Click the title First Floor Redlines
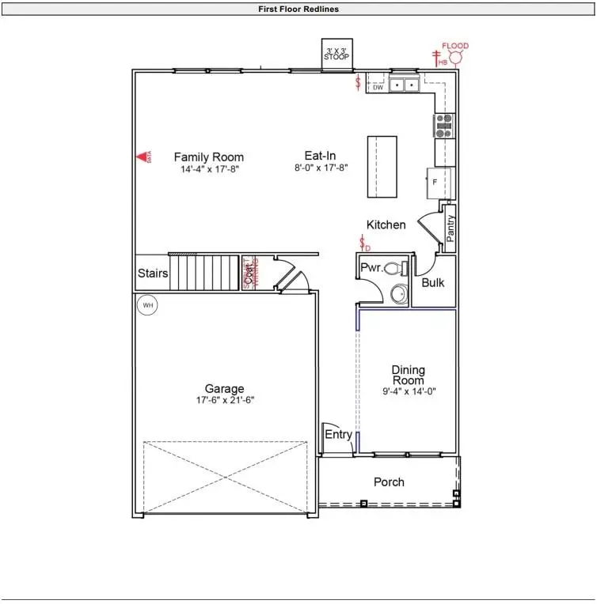click(298, 9)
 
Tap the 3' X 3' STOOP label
click(338, 54)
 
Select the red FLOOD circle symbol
click(455, 59)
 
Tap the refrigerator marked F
click(440, 183)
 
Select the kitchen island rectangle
click(382, 167)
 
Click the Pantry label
click(450, 228)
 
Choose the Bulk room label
click(432, 282)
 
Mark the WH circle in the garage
click(147, 304)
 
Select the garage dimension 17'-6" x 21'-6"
click(224, 400)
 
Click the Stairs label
click(153, 274)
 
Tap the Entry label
click(338, 434)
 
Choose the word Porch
click(389, 481)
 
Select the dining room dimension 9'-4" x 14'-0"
click(409, 391)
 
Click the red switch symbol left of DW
click(359, 81)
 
